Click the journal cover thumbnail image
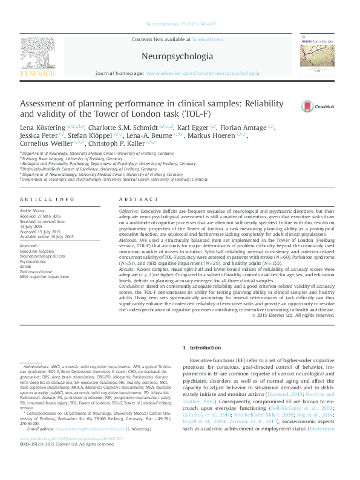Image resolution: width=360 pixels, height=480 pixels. coord(318,57)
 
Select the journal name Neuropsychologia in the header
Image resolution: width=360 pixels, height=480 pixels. coord(177,56)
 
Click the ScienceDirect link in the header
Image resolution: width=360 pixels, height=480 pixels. coord(207,39)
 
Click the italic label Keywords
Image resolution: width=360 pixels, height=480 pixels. coord(30,246)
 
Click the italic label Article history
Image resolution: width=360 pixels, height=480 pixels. coord(34,209)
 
